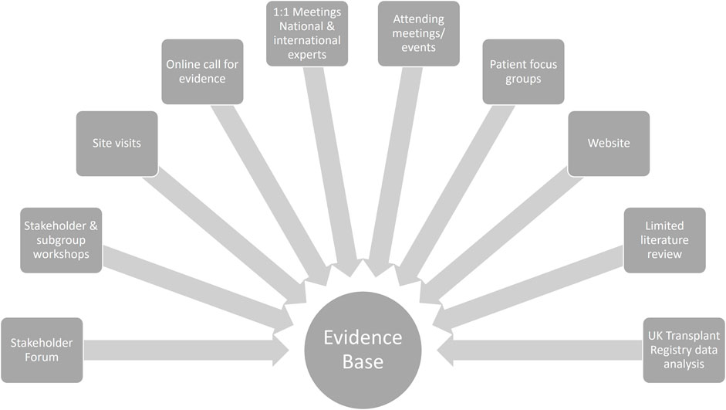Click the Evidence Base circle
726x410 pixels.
coord(363,351)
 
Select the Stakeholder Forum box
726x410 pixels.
coord(42,351)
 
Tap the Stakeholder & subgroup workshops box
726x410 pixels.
coord(61,240)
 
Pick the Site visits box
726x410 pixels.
coord(116,144)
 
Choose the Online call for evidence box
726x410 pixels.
coord(202,71)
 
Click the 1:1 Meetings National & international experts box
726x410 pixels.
coord(307,33)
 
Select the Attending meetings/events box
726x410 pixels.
coord(419,33)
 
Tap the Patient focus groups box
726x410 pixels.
coord(523,71)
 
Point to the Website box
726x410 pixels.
coord(609,144)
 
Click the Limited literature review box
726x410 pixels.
coord(664,240)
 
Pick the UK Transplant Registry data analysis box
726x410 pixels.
coord(684,351)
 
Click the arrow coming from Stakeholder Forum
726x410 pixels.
coord(186,351)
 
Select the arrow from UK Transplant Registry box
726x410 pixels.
coord(540,351)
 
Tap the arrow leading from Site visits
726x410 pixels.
coord(224,240)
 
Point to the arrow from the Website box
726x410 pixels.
coord(501,240)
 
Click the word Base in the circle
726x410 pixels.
coord(363,362)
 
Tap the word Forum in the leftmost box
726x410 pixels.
coord(42,357)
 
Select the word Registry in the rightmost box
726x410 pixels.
coord(684,350)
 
